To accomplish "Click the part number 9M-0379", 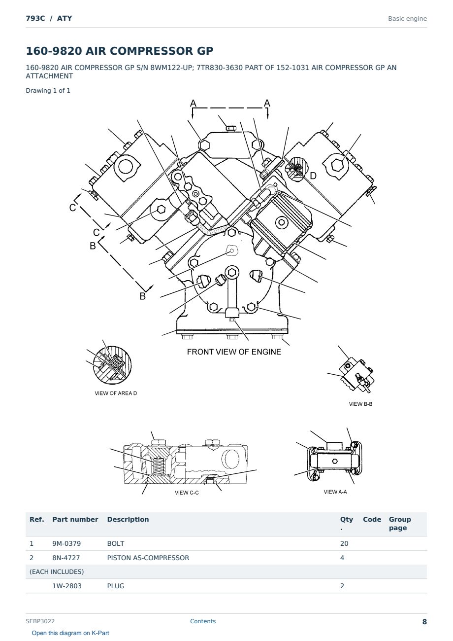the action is coord(66,543).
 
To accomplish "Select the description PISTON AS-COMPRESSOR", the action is coord(148,558).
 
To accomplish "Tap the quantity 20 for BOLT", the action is coord(344,543).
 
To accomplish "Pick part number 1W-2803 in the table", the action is coord(67,586).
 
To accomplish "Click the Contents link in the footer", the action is coord(203,621).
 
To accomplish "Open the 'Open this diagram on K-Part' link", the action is coord(70,633).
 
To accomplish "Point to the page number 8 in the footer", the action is coord(424,622).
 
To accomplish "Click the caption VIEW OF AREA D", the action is coord(116,393).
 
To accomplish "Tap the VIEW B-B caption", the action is coord(360,404).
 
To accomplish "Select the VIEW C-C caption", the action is coord(187,493).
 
